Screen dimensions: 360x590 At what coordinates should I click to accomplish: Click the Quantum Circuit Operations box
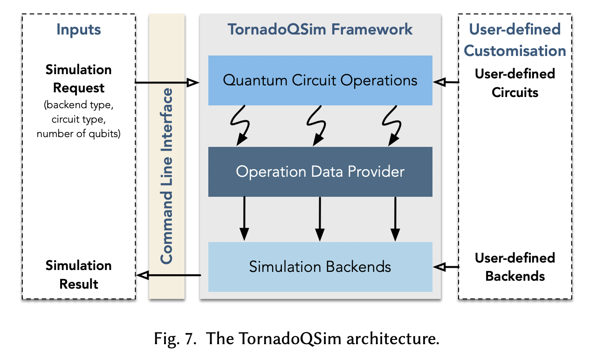320,80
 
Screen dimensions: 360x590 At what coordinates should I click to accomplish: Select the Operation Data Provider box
320,172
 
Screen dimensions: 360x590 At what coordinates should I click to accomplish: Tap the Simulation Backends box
320,267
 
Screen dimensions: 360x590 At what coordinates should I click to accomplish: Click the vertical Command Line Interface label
166,176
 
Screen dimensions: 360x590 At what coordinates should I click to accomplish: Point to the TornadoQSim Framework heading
320,29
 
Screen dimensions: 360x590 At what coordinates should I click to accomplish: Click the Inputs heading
79,30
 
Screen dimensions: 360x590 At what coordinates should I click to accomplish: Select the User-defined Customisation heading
515,40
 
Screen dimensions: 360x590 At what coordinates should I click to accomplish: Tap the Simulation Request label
79,79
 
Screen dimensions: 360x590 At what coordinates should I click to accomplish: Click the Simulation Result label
79,274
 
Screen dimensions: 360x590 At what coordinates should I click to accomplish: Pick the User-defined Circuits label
515,83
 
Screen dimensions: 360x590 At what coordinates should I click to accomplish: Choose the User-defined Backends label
515,267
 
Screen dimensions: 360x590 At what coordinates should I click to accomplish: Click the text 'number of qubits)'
79,134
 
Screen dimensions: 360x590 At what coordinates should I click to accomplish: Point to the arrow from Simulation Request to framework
166,83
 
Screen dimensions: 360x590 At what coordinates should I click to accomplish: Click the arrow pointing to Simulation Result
168,276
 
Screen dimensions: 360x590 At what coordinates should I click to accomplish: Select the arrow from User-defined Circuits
446,82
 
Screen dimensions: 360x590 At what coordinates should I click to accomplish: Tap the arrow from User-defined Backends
446,267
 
